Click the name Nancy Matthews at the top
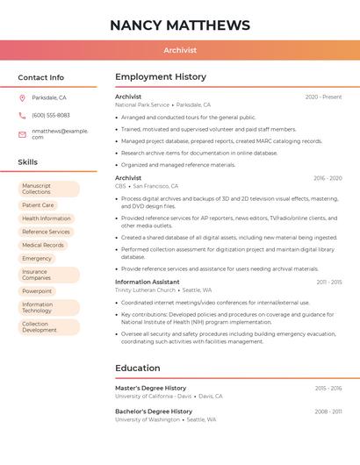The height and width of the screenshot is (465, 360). point(180,25)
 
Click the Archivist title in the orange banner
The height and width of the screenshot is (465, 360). point(180,51)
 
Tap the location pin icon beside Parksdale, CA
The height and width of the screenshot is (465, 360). point(22,98)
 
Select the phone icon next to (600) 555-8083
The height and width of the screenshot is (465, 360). point(22,116)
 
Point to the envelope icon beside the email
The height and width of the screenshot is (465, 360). point(22,133)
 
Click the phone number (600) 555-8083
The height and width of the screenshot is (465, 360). point(51,116)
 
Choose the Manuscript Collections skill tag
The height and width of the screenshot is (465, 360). point(48,189)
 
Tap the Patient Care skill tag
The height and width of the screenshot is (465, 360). point(38,205)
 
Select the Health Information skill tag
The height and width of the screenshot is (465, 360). point(47,218)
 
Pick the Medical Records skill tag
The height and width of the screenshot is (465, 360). point(43,245)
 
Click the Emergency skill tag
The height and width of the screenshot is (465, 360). point(37,259)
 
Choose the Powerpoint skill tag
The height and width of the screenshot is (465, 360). point(37,291)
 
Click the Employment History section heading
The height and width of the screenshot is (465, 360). point(161,77)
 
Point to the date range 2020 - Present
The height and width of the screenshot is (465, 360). point(323,97)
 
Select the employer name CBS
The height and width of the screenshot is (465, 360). point(120,186)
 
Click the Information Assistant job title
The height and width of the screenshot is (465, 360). point(147,283)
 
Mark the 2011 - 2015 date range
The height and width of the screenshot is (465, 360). point(329,283)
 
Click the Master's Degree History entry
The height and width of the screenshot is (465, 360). point(150,388)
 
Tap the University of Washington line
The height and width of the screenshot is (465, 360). point(148,420)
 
